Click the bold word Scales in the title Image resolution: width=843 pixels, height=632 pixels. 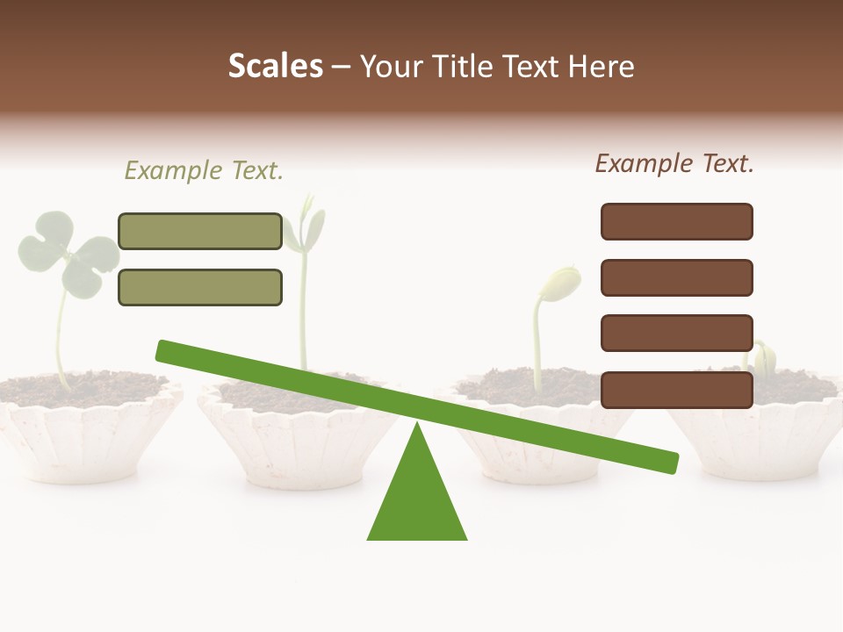click(x=275, y=66)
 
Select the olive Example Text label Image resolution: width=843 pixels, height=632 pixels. click(x=204, y=170)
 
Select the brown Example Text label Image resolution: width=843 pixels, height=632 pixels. click(x=674, y=163)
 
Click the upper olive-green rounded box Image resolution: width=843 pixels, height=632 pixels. click(x=200, y=231)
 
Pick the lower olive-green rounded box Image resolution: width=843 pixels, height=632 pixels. click(x=200, y=287)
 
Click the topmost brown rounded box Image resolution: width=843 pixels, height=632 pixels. click(x=676, y=221)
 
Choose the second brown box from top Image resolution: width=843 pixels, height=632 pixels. click(x=676, y=277)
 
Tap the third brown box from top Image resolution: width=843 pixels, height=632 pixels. click(x=676, y=333)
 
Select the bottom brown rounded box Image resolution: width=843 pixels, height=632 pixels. click(x=676, y=390)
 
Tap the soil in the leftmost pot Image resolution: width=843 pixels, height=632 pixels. click(x=88, y=386)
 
